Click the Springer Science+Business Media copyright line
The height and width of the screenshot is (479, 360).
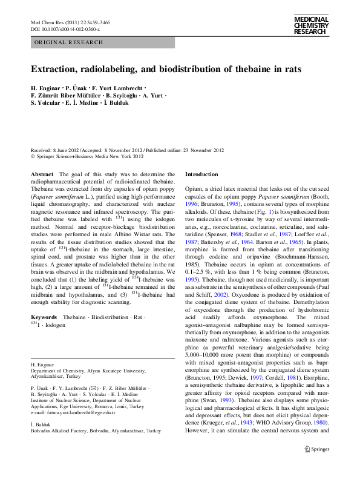[x=88, y=157]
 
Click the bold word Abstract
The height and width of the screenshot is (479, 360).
[x=41, y=174]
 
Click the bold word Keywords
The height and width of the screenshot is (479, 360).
[x=44, y=317]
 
